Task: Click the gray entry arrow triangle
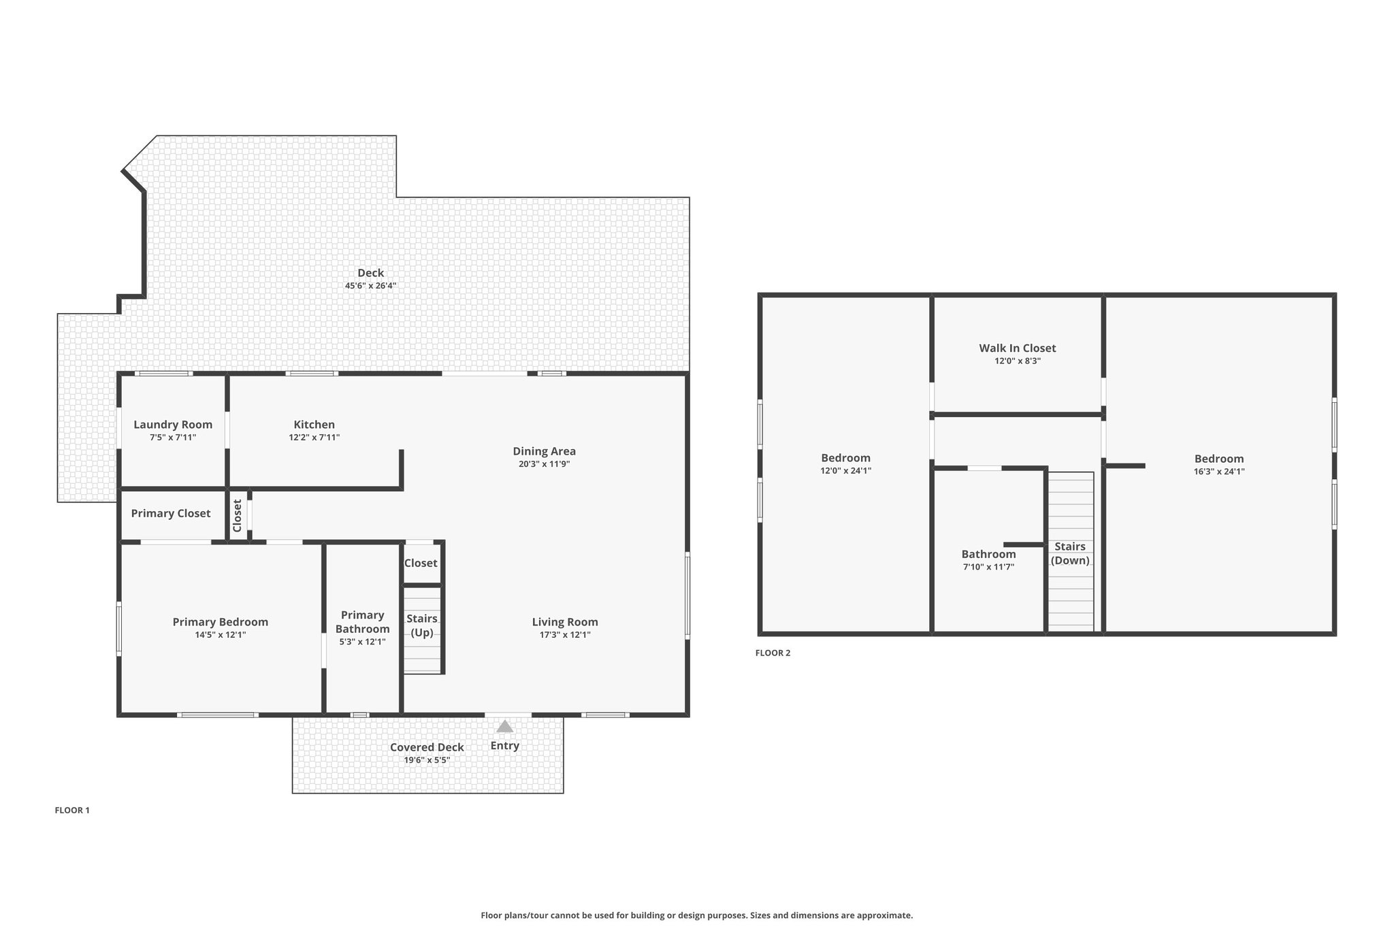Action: point(504,726)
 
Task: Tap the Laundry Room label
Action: point(173,425)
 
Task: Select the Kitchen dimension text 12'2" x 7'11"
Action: point(314,438)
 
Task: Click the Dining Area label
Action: point(544,451)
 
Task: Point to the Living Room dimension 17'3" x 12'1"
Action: point(565,635)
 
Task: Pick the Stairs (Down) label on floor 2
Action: point(1070,553)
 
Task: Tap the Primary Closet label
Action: point(171,514)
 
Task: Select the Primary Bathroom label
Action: point(363,622)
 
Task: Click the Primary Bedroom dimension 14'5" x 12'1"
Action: point(221,635)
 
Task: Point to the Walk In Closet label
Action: point(1018,348)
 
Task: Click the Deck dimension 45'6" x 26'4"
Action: point(370,286)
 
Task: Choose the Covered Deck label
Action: point(427,747)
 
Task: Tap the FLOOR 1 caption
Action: point(72,811)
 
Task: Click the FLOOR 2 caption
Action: point(773,653)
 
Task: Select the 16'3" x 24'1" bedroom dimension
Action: point(1219,472)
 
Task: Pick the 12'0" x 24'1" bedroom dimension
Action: point(846,471)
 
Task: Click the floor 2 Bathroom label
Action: point(988,555)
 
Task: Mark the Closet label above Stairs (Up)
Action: point(421,564)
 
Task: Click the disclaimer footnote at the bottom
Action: point(697,915)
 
